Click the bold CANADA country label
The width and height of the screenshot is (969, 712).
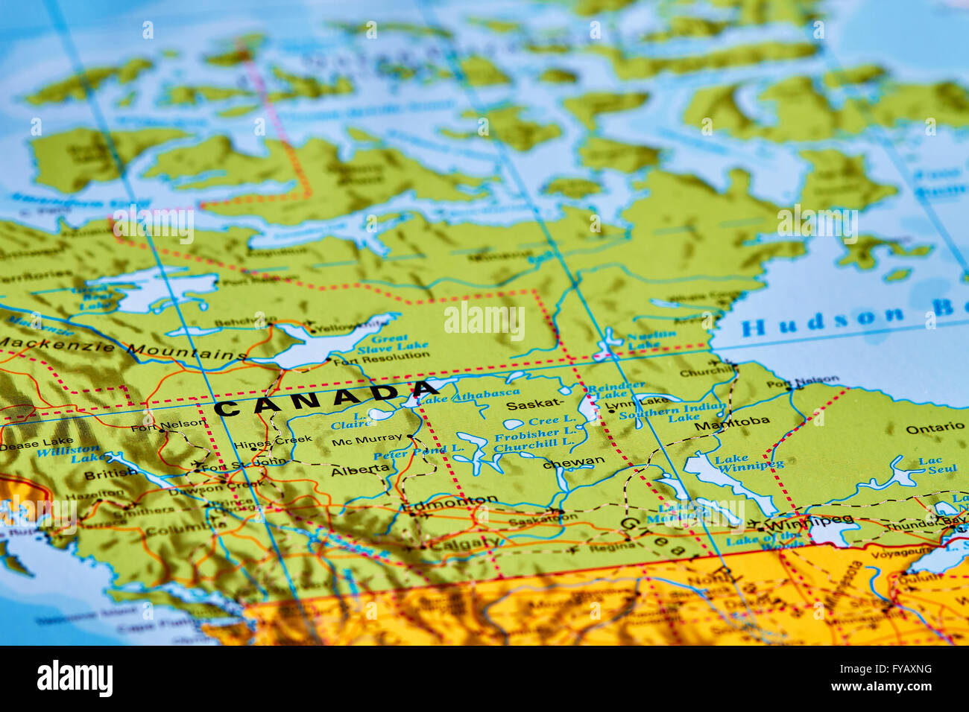point(326,401)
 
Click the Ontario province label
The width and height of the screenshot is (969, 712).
point(935,428)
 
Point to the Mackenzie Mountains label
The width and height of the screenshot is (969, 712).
point(123,349)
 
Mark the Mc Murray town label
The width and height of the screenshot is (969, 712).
point(367,440)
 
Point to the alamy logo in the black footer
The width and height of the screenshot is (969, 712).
point(75,679)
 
